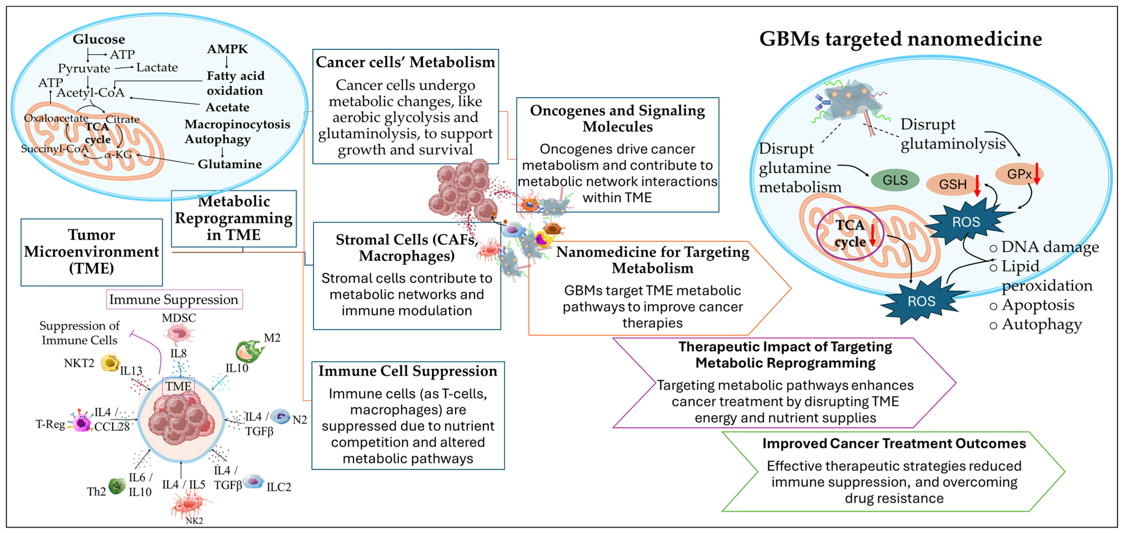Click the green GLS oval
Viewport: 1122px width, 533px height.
point(895,180)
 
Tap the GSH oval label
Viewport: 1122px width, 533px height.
point(953,184)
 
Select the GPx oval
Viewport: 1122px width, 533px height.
point(1019,174)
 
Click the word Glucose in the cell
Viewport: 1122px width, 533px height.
point(99,39)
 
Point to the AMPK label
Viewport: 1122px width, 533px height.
point(227,49)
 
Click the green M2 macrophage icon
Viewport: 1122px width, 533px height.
point(249,351)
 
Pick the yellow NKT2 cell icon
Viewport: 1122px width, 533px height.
point(110,363)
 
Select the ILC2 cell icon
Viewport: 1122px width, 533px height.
point(254,481)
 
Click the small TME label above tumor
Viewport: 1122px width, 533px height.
point(178,386)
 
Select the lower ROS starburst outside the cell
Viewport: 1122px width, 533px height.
point(921,301)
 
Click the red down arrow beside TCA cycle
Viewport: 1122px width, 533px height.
point(872,234)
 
